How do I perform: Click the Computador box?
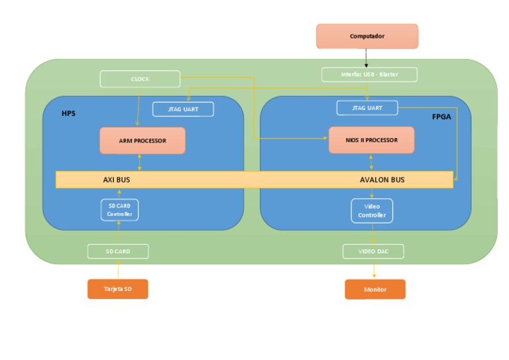tap(367, 36)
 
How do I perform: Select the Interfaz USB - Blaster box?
tap(369, 74)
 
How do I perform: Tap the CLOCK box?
tap(140, 79)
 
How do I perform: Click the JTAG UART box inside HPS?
tap(183, 109)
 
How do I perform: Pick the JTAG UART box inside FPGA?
tap(367, 107)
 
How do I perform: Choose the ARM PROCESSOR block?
tap(142, 141)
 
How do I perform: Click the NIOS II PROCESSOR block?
tap(371, 140)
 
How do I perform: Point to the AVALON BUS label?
tap(382, 180)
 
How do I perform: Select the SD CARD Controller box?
tap(120, 210)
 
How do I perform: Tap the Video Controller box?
tap(372, 211)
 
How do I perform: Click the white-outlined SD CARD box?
tap(118, 251)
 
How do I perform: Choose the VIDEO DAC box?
tap(373, 251)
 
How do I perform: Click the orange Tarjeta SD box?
tap(118, 289)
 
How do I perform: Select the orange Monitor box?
tap(374, 290)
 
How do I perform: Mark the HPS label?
tap(68, 113)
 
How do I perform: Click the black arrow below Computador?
tap(367, 58)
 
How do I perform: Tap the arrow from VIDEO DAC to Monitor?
tap(374, 269)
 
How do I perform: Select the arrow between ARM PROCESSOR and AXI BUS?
tap(139, 162)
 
